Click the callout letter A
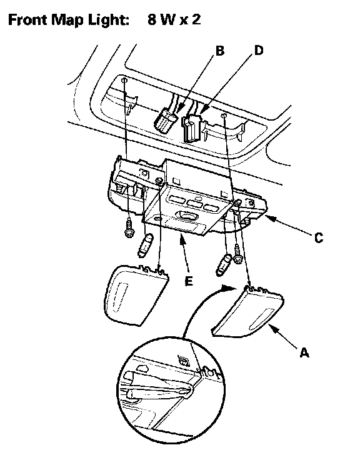[304, 352]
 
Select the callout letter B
[219, 51]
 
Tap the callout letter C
[319, 238]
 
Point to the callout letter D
[259, 51]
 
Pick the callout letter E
[189, 281]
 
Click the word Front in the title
[27, 20]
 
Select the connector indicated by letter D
[192, 128]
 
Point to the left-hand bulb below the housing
[146, 246]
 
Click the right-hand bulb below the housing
[223, 264]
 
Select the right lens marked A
[248, 312]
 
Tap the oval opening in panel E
[187, 215]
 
